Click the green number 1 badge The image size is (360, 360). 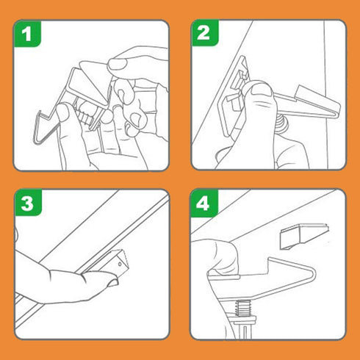pos(27,34)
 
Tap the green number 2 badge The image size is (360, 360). pos(204,33)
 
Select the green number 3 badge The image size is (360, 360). pos(28,203)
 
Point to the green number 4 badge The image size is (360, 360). pos(204,204)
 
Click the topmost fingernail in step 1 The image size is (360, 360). pos(117,64)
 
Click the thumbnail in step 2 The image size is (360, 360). pos(261,90)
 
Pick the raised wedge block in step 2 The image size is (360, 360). pos(306,93)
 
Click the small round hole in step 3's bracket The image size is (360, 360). pos(120,264)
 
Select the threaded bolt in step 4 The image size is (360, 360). pos(242,308)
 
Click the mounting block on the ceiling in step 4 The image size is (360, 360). pos(304,236)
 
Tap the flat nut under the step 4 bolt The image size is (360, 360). pos(243,319)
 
